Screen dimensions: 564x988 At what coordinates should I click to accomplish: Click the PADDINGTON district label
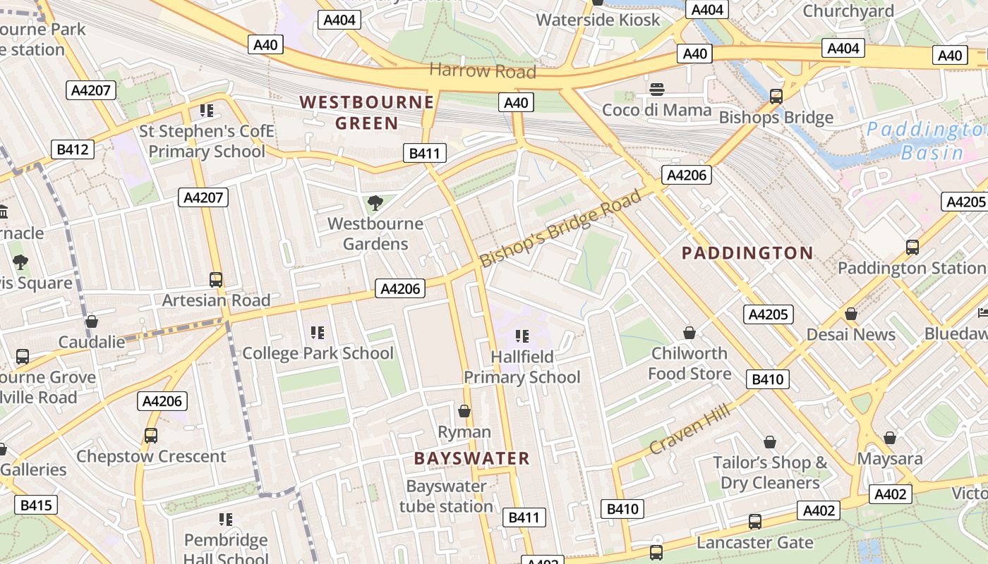747,253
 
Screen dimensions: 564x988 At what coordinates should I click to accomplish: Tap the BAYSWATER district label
471,459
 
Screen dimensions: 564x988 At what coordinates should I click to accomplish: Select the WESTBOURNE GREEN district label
366,113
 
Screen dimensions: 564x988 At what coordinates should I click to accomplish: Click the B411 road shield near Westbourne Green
425,153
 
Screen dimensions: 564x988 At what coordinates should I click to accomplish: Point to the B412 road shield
73,149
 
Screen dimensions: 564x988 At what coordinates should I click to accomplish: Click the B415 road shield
36,505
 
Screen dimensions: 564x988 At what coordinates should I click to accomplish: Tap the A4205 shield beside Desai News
768,314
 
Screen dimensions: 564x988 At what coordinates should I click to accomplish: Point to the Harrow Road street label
483,71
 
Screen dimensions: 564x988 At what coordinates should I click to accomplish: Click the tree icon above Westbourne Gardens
375,204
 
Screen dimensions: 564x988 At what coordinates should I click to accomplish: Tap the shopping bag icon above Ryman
464,410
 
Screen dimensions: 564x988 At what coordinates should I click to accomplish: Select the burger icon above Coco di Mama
657,90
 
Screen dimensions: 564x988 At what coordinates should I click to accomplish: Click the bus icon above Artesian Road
216,279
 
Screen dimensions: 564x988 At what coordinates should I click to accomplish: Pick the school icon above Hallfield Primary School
522,336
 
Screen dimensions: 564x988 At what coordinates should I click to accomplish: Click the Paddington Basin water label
924,141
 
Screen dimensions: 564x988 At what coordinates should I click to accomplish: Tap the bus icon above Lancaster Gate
755,522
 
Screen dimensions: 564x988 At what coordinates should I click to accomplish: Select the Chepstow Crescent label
151,456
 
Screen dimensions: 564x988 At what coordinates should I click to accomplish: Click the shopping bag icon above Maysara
890,438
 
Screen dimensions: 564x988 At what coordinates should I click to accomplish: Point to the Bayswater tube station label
446,496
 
